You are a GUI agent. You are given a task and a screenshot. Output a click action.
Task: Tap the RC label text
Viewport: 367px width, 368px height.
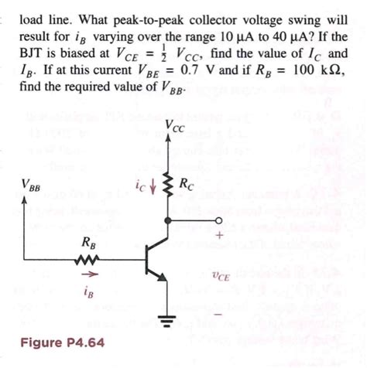pos(187,185)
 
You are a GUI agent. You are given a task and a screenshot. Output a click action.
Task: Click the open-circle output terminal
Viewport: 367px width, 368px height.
pos(218,220)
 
